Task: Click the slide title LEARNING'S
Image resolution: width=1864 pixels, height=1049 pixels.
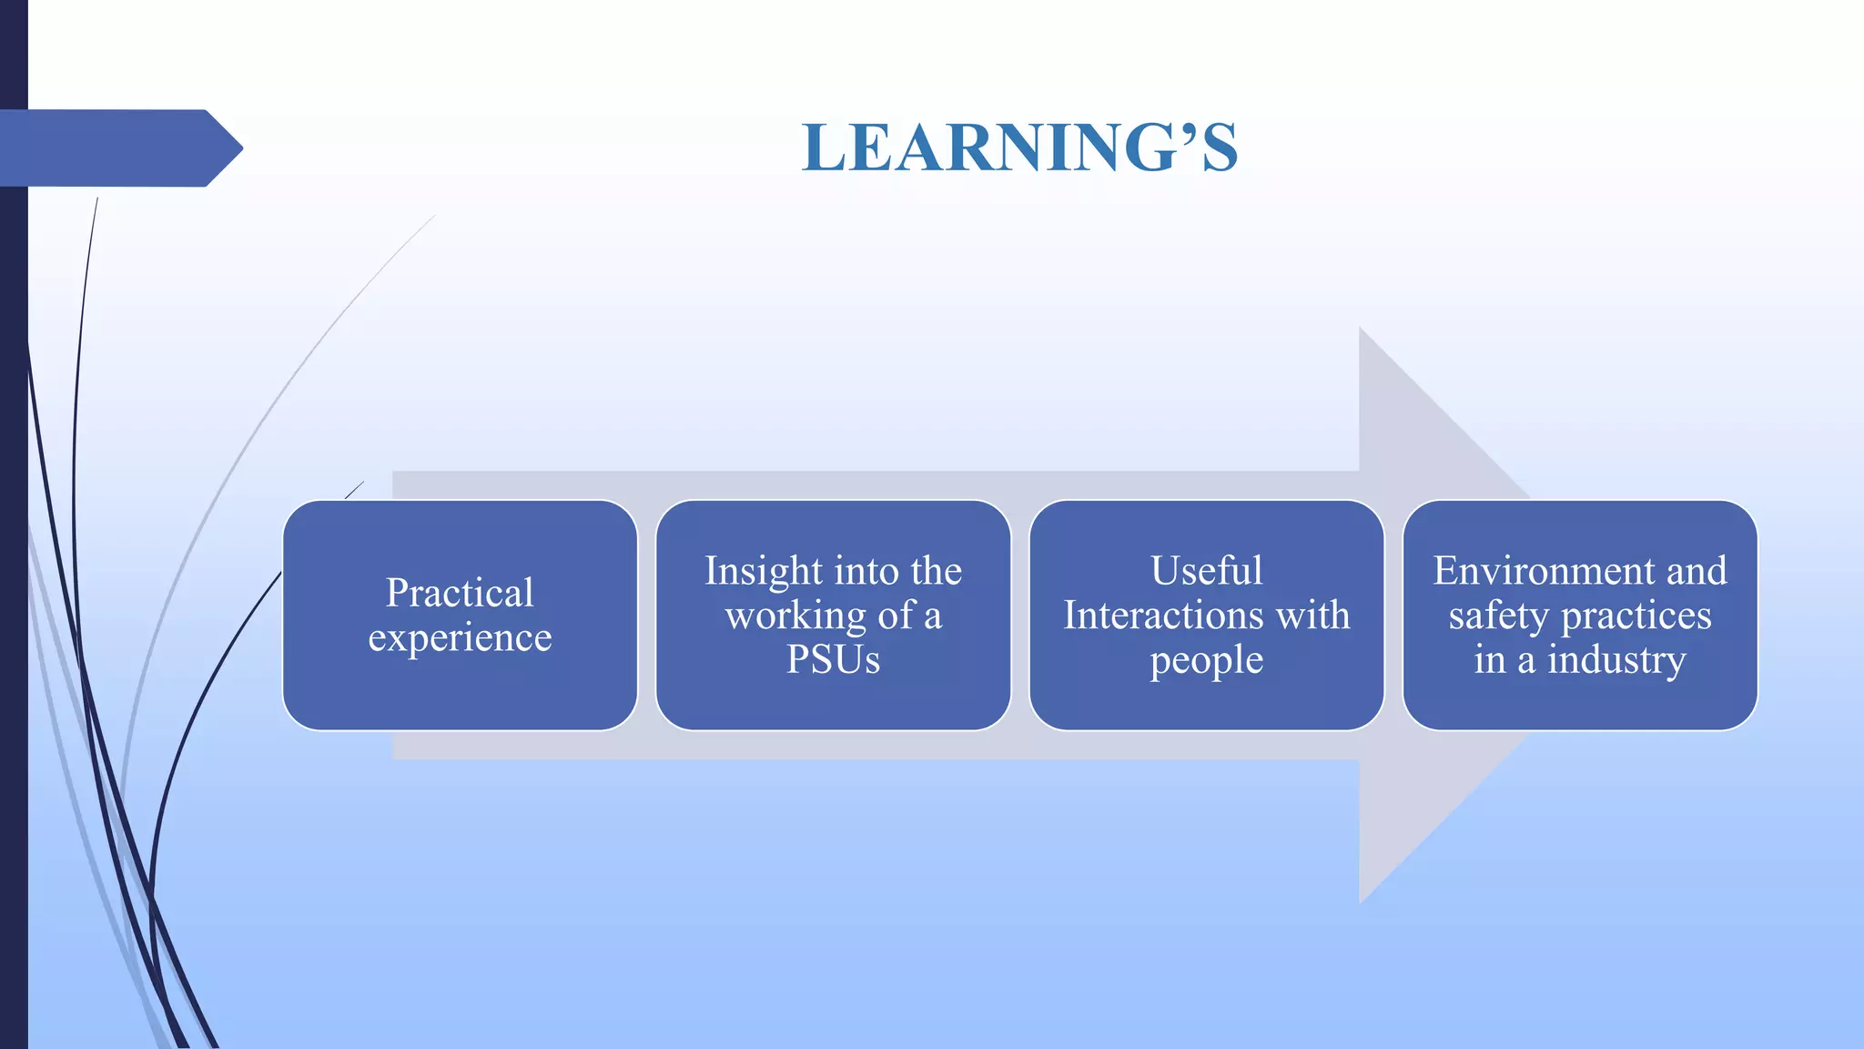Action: pos(1019,148)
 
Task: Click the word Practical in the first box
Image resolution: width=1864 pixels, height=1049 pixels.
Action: pos(460,593)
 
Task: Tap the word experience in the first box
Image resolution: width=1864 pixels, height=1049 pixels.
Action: pos(460,638)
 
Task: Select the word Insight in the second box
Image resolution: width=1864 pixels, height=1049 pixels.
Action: pos(763,572)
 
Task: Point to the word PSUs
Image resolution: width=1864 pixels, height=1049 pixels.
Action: pos(833,659)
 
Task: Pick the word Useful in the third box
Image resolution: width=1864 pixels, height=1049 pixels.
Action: pos(1206,571)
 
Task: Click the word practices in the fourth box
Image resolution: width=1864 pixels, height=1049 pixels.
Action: pos(1636,616)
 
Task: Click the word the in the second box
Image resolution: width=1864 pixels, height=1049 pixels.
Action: pos(936,572)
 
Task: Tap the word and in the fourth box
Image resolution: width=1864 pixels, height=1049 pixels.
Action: pos(1697,571)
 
